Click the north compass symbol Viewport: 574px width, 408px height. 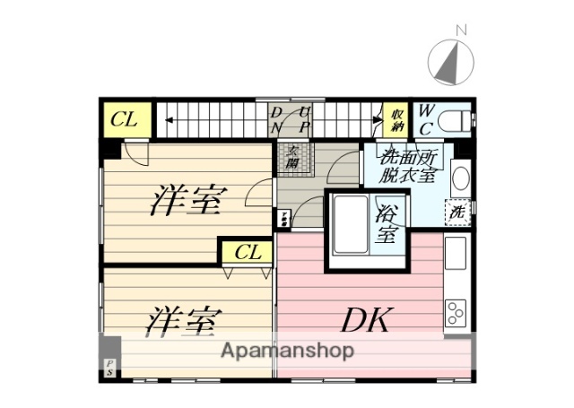pos(454,60)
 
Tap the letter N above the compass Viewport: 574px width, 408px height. pos(462,30)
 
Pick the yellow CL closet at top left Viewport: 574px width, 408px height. pos(126,120)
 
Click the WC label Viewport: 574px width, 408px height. pos(427,119)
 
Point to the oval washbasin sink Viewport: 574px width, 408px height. pos(461,177)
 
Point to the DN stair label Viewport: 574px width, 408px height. pos(277,120)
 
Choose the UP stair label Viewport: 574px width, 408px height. pos(304,120)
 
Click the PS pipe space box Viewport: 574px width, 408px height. pos(109,366)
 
